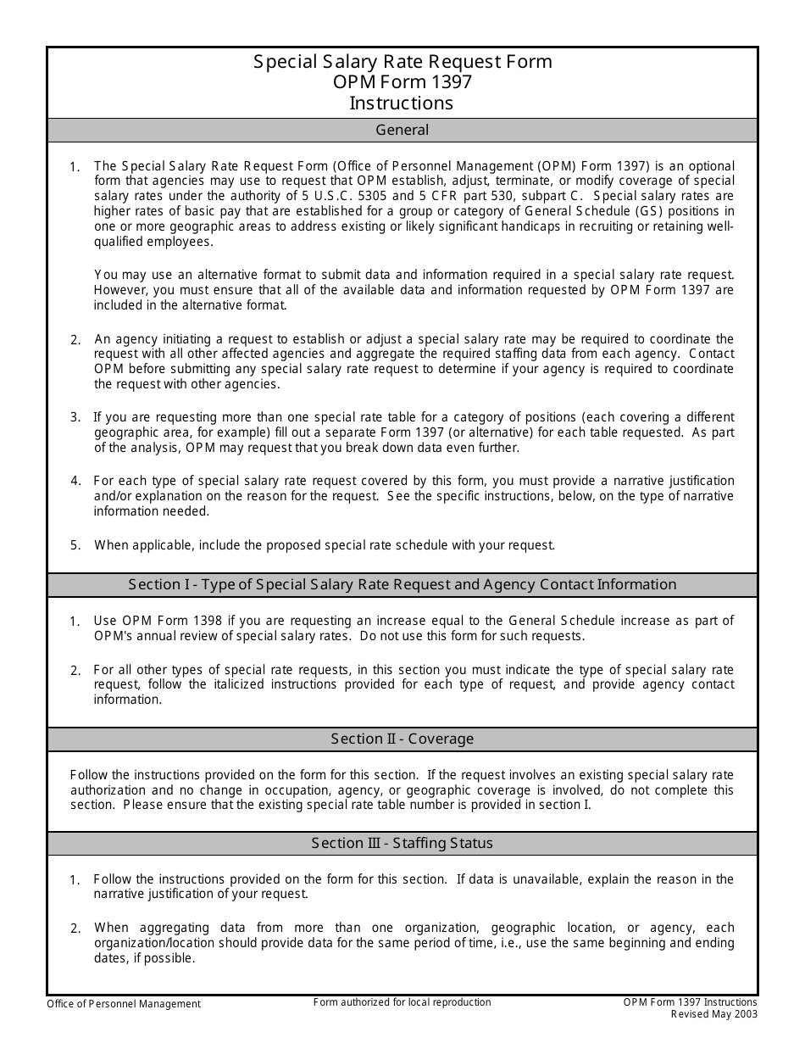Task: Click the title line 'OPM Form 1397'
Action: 402,82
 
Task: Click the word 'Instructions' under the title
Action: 402,103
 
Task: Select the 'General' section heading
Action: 402,131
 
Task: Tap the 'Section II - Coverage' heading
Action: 402,739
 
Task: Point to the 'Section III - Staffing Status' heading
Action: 402,844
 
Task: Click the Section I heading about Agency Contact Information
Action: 402,585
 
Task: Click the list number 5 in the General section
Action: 75,546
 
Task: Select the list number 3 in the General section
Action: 75,417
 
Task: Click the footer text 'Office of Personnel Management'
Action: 124,1005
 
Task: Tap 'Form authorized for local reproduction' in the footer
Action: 402,1003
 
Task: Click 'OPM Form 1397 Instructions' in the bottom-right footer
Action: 690,1003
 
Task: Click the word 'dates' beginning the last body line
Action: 110,959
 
